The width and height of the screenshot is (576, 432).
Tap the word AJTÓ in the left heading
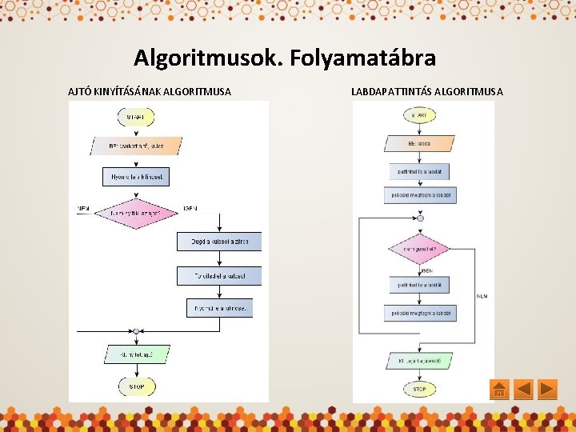81,91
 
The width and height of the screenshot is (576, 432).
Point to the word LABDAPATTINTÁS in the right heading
391,91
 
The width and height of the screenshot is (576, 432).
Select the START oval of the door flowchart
136,117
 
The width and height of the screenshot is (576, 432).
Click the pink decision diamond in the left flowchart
135,212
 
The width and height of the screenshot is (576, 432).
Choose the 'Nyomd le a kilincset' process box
136,176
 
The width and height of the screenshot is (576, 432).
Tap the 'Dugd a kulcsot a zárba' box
218,241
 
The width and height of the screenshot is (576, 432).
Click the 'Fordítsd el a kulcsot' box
218,275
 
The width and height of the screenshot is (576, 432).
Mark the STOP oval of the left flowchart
136,387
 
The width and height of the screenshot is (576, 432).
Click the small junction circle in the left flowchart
136,330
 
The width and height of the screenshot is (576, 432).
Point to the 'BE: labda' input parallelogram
419,144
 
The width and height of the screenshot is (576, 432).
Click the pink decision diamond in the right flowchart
419,249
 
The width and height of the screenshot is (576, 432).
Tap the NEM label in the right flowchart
482,297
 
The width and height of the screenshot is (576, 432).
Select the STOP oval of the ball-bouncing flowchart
419,390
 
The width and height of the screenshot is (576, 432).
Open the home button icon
498,390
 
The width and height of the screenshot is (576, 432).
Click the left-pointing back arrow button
523,390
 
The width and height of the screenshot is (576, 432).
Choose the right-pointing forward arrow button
548,390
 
